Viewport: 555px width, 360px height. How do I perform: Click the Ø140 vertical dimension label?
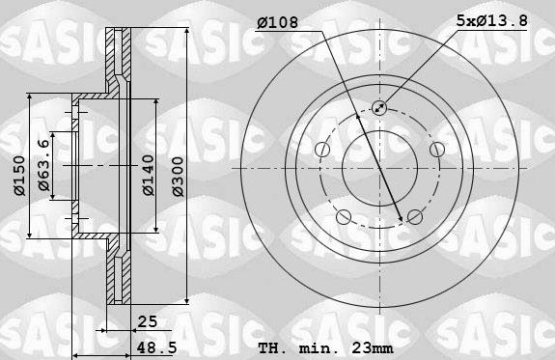point(147,173)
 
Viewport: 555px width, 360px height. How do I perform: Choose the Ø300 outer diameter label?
point(176,173)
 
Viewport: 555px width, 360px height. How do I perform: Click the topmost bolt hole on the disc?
point(378,108)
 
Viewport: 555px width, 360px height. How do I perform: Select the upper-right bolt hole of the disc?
point(435,149)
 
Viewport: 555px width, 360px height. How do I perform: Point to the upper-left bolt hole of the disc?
point(321,149)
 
